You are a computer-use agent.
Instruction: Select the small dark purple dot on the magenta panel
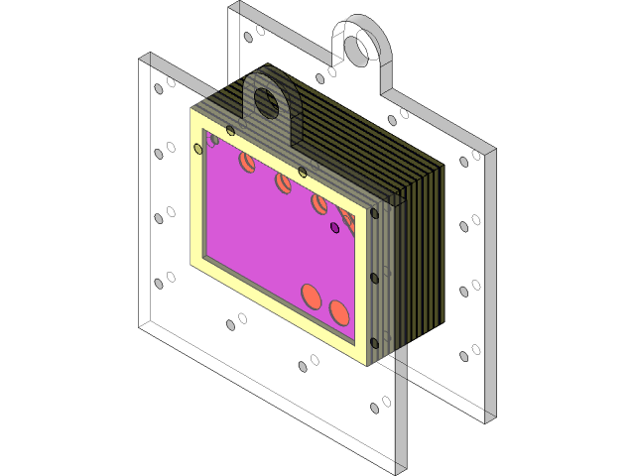(x=335, y=228)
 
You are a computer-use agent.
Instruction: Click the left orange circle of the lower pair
(x=312, y=296)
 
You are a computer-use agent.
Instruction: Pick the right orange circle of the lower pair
(x=338, y=312)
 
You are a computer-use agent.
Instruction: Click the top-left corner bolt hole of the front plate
(x=157, y=89)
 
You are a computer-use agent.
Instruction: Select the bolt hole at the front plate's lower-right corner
(x=374, y=407)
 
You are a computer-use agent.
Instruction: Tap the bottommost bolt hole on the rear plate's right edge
(x=462, y=356)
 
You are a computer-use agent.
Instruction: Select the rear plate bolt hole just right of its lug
(x=392, y=120)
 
